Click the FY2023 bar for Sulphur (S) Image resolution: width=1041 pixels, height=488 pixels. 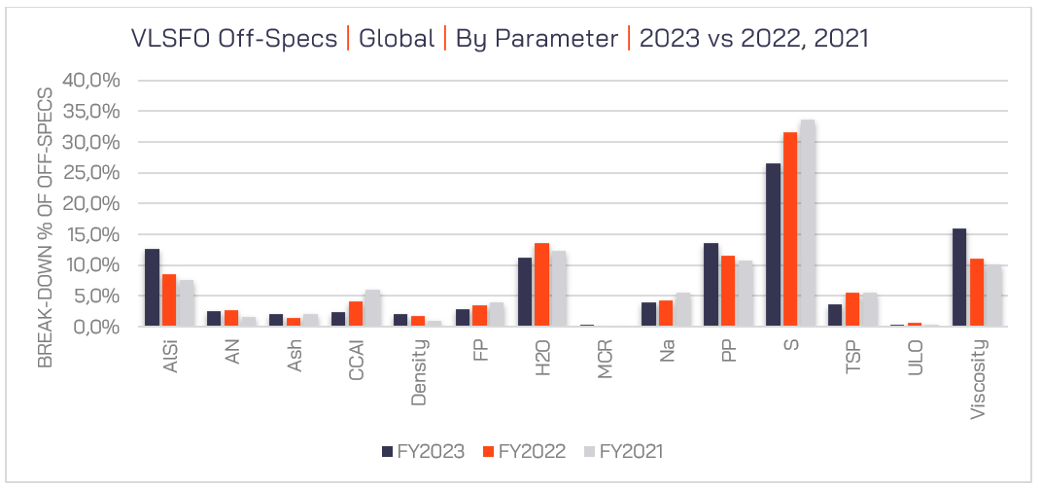coord(773,245)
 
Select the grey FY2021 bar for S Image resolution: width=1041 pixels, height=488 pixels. coord(807,224)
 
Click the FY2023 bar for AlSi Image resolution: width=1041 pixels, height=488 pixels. coord(152,288)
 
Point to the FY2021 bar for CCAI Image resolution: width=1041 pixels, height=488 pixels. coord(372,308)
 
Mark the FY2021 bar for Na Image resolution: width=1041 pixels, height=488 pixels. coord(682,309)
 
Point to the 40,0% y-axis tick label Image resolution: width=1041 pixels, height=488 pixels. coord(91,81)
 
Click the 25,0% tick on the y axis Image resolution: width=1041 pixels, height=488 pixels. coord(91,173)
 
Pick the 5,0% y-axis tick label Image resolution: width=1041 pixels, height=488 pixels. coord(95,296)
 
